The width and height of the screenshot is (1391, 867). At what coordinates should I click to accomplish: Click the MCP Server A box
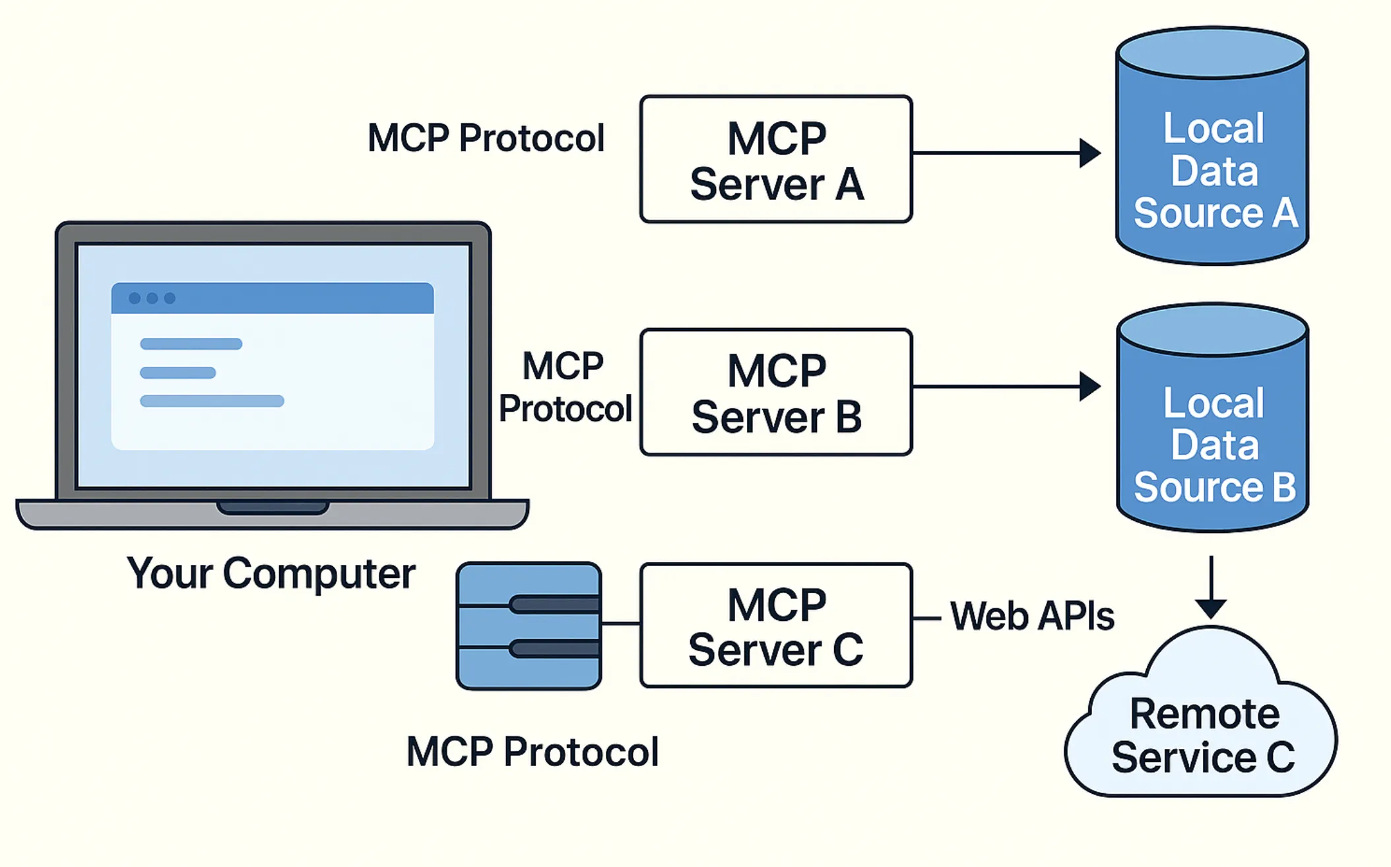point(776,159)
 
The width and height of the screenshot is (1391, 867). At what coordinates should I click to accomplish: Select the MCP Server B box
point(776,392)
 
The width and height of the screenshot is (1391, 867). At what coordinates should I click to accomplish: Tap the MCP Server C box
point(776,625)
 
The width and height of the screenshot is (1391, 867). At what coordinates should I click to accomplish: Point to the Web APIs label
point(1031,617)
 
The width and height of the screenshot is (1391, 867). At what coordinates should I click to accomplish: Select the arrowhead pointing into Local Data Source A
point(1089,153)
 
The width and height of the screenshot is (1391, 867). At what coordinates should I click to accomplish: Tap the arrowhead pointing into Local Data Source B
point(1089,386)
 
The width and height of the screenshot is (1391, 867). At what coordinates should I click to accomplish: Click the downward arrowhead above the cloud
point(1211,608)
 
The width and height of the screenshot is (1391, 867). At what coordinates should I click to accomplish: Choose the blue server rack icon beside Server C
point(529,626)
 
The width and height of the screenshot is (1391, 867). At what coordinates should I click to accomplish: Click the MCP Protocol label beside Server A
point(486,138)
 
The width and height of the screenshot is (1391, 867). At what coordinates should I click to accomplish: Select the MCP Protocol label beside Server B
point(565,387)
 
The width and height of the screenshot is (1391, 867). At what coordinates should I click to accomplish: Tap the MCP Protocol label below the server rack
point(532,752)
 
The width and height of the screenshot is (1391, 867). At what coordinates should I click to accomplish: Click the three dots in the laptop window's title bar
point(152,298)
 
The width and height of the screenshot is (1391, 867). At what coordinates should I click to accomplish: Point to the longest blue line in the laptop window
point(212,401)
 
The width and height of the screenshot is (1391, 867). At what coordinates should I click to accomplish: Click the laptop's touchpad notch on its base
point(273,507)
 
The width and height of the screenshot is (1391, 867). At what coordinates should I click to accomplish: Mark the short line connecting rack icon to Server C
point(620,623)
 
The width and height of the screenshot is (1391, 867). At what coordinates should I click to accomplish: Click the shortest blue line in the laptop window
point(178,373)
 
